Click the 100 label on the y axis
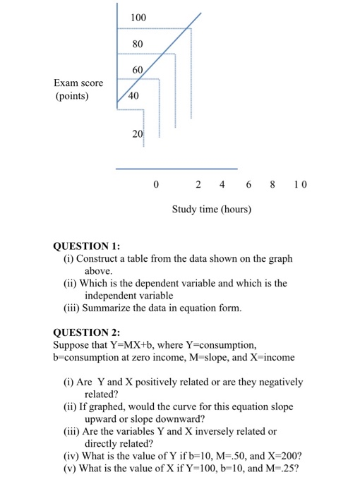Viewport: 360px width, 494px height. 139,17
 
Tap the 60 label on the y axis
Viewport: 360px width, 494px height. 138,71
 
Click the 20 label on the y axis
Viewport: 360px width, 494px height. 138,133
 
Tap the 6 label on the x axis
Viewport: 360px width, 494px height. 248,185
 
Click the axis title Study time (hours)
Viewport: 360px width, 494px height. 212,210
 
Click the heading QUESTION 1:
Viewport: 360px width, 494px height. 87,246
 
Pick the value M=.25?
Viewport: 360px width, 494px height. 282,471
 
